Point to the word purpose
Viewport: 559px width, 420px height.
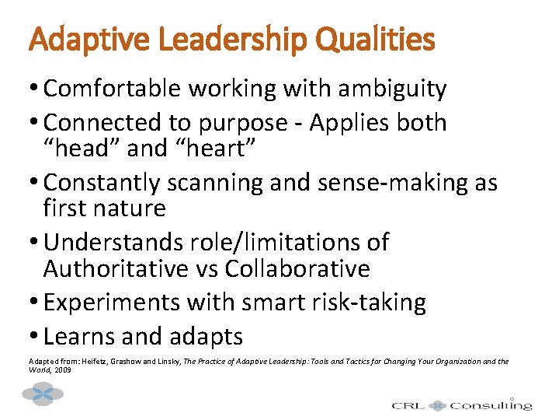click(251, 123)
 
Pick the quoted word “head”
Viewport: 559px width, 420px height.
click(78, 149)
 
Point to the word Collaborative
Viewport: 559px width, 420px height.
click(297, 269)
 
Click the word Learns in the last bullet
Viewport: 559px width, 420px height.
click(76, 337)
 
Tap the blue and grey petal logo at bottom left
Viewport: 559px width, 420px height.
click(43, 394)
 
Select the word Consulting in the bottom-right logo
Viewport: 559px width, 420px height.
click(491, 404)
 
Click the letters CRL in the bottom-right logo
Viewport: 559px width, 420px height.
click(408, 405)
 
